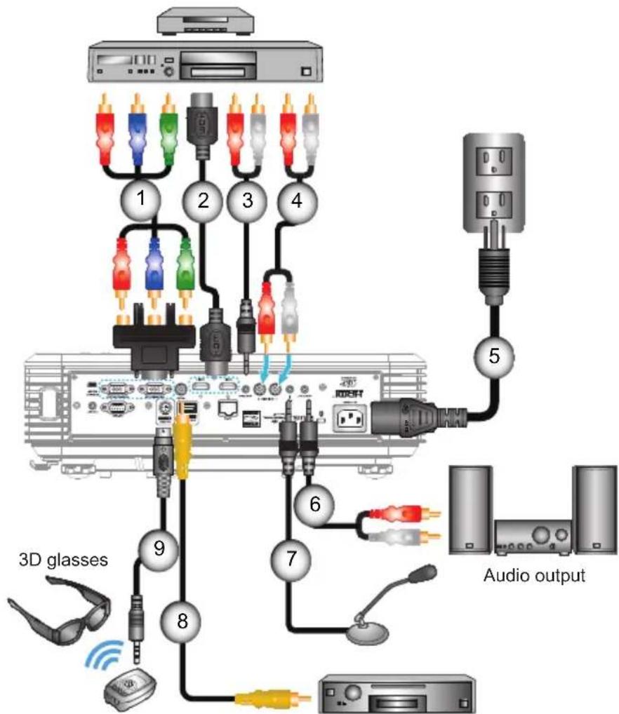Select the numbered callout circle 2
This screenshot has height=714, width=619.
pos(203,200)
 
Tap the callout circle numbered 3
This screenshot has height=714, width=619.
pos(246,200)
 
